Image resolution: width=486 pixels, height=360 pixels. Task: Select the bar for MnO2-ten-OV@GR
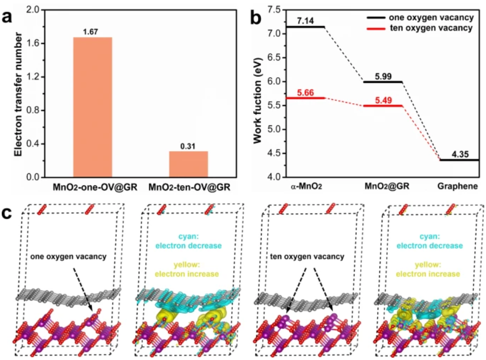click(189, 164)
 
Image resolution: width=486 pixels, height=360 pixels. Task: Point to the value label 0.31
click(189, 146)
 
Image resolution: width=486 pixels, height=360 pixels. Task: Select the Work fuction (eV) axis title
click(258, 94)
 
